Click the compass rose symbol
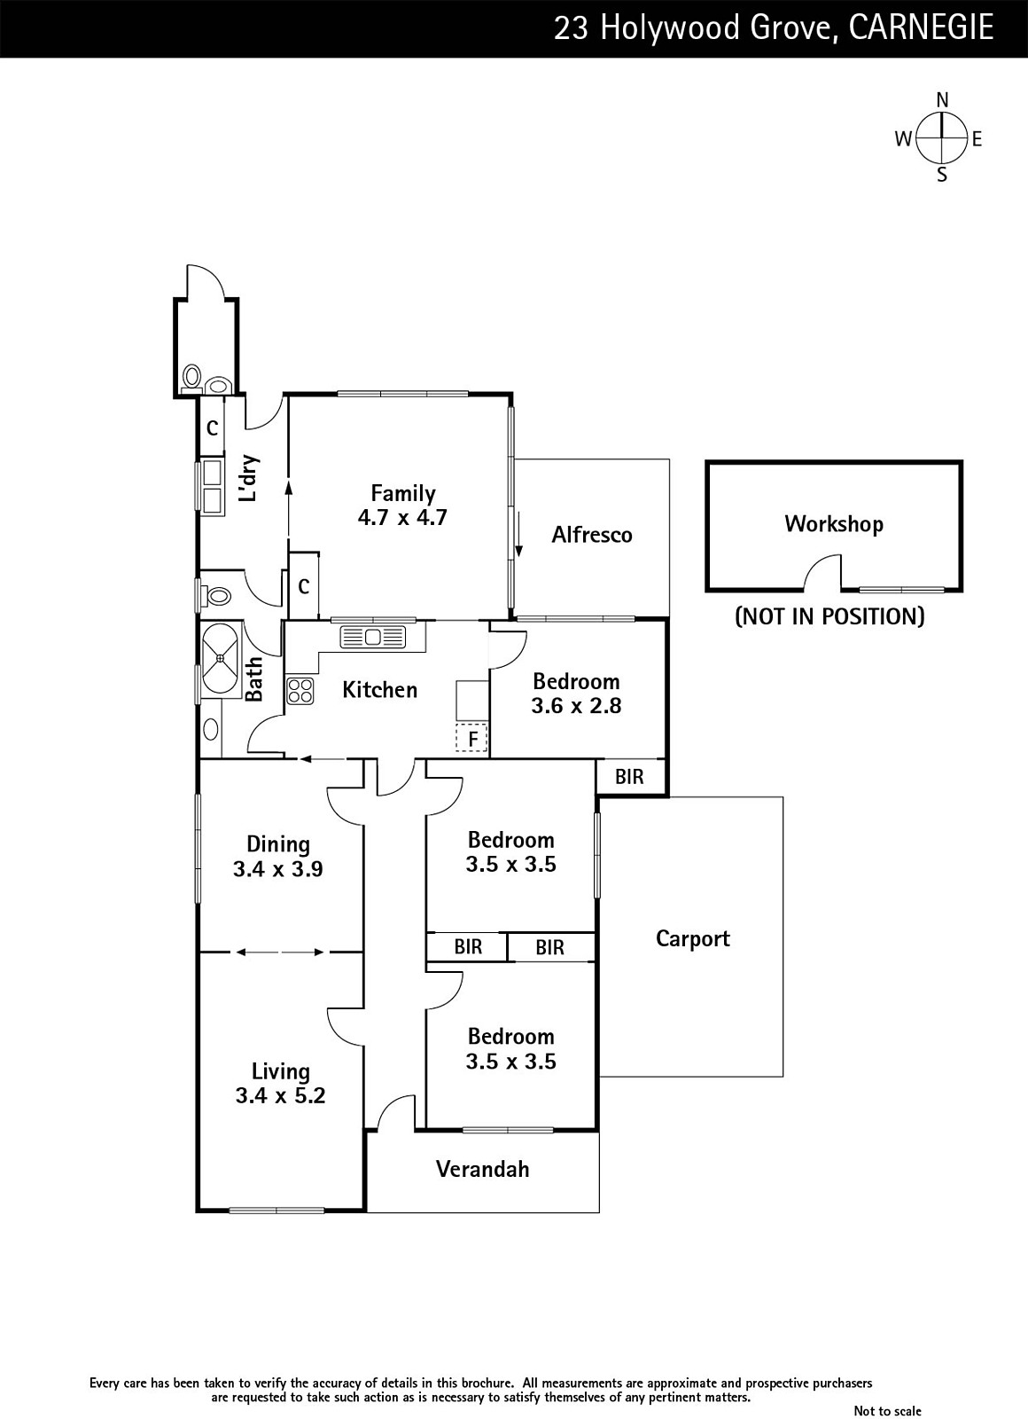pos(942,138)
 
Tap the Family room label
pos(403,493)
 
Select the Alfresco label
pos(592,535)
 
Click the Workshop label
pos(833,524)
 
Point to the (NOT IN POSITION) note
pos(829,616)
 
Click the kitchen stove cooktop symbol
pos(300,691)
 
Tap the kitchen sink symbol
pos(372,636)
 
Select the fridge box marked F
pos(472,738)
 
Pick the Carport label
pos(692,938)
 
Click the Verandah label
pos(482,1169)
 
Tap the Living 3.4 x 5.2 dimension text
pos(280,1096)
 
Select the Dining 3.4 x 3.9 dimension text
pos(277,869)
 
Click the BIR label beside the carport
pos(629,777)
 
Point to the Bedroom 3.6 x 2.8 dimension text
pos(576,706)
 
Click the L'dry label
pos(250,479)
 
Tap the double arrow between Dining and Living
pos(280,953)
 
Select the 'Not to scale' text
pos(887,1410)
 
